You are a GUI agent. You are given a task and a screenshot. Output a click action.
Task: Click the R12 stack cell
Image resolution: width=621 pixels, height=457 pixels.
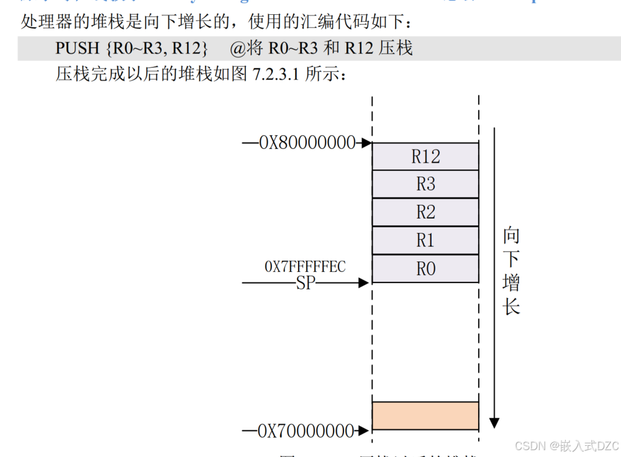point(425,156)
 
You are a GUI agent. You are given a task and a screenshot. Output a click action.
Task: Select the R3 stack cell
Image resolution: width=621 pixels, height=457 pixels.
point(425,184)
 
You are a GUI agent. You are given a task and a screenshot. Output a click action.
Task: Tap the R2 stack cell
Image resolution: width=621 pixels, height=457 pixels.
point(425,212)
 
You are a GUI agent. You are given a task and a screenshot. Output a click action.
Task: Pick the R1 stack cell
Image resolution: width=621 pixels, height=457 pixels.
point(425,240)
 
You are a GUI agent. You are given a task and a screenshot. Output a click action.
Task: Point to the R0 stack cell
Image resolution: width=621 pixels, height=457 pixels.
point(425,269)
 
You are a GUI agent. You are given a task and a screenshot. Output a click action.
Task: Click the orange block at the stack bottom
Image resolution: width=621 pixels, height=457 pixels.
point(425,415)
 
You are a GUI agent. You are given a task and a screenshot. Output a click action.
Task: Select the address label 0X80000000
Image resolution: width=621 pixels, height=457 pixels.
point(307,143)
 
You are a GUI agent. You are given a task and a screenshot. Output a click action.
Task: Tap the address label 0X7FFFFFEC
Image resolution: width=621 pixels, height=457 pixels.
point(305,267)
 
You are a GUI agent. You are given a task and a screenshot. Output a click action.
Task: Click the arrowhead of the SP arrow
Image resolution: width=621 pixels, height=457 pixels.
point(365,283)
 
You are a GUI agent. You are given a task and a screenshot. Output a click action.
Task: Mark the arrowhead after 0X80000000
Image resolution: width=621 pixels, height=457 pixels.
point(366,143)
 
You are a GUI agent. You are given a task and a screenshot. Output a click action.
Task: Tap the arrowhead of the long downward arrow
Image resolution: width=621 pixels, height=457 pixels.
point(494,423)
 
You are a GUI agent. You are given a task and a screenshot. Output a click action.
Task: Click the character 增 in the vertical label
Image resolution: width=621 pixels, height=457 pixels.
point(511,283)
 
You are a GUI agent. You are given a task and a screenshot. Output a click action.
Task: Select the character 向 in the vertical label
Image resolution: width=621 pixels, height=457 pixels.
point(511,236)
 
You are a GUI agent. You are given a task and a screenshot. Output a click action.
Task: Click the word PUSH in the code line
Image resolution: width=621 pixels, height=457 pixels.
point(77,48)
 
